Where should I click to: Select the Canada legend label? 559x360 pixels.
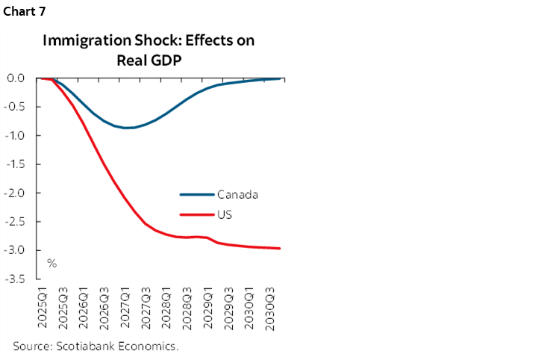(237, 195)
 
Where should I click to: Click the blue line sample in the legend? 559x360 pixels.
(197, 195)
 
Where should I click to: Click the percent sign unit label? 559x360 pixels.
(52, 264)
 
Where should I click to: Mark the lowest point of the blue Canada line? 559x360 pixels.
(128, 128)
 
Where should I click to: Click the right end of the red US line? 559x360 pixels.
(280, 248)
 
